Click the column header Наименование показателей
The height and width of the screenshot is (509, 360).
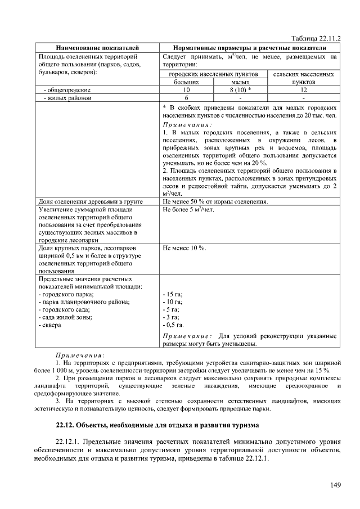[x=97, y=48]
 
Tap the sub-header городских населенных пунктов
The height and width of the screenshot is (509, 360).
[x=214, y=74]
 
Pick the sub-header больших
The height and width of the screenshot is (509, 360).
[x=186, y=82]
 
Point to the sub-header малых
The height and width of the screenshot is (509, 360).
[x=240, y=82]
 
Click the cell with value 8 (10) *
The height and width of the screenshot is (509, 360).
[x=240, y=89]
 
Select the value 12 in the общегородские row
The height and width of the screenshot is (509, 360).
[x=304, y=89]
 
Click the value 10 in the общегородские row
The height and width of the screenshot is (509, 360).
[x=186, y=89]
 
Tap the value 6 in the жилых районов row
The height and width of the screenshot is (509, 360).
[x=186, y=97]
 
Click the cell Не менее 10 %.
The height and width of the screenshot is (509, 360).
[x=184, y=248]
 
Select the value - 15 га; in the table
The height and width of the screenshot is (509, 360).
[x=172, y=294]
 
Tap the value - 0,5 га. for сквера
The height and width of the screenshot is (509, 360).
[x=173, y=325]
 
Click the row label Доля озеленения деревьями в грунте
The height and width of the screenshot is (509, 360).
[x=90, y=201]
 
